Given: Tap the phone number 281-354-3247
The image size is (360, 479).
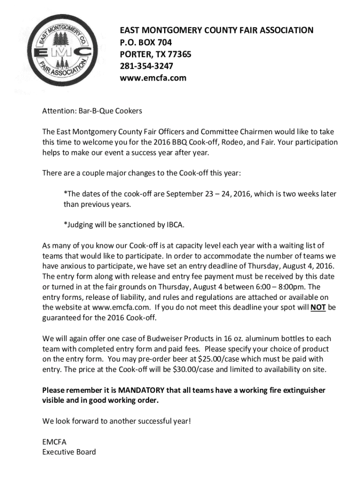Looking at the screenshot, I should coord(146,66).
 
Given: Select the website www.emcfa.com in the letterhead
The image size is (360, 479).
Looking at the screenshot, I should coord(153,78).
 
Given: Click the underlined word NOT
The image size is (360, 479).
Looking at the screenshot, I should coord(318,307).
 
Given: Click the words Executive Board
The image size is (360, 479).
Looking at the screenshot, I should coord(69,452).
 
